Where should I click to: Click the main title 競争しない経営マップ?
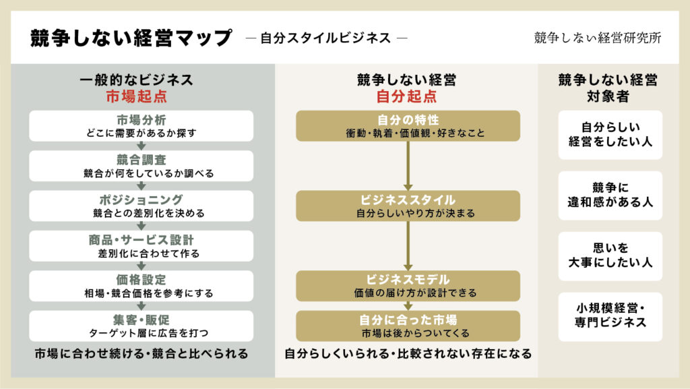131,38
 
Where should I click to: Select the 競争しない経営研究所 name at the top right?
597,38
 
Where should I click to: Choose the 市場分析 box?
142,126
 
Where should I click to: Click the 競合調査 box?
142,166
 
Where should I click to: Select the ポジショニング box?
142,206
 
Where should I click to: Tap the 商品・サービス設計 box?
142,246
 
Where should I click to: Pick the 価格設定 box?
142,286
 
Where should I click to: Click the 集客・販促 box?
142,326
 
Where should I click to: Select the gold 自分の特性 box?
408,126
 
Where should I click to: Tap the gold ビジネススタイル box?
408,206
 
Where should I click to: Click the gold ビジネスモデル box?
408,286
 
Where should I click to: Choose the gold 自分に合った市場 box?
408,326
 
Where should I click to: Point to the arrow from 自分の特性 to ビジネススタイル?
408,166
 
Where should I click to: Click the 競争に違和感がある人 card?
610,195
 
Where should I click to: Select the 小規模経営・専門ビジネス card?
610,316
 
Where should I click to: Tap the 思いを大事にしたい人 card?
610,256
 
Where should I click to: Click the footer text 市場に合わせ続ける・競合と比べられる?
142,353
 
